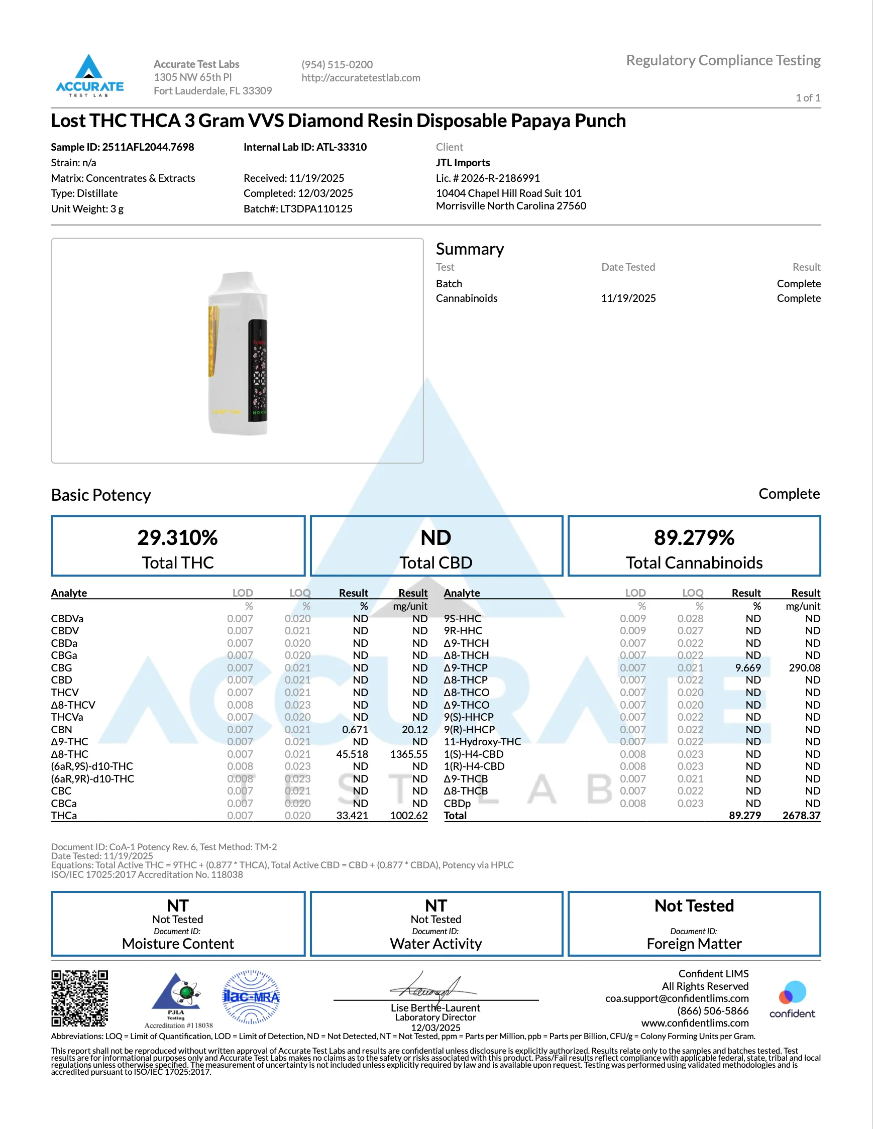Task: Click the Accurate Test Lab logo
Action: point(89,75)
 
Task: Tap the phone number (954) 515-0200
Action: point(337,65)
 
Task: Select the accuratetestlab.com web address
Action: point(361,78)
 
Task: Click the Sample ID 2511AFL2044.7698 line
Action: point(123,147)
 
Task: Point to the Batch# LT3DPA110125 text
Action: point(298,209)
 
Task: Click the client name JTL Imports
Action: point(463,162)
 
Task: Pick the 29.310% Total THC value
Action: point(177,537)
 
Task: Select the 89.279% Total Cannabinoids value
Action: point(694,537)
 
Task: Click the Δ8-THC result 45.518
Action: point(352,754)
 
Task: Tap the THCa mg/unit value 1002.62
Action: point(408,816)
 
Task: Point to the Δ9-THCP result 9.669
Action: point(748,668)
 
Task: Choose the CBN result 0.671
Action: point(355,729)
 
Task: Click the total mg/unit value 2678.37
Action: point(801,816)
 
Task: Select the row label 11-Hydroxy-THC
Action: point(482,742)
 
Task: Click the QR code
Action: point(79,998)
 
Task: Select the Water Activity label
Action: point(435,944)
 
